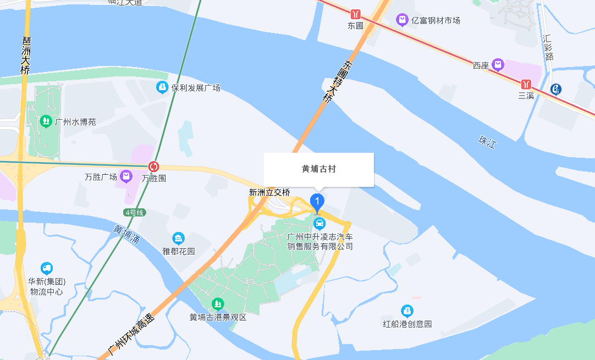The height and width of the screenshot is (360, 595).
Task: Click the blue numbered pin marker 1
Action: (317, 202)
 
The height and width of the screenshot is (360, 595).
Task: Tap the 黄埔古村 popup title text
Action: (319, 169)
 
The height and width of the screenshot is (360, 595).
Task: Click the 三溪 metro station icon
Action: (527, 84)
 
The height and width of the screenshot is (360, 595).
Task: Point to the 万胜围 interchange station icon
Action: (154, 166)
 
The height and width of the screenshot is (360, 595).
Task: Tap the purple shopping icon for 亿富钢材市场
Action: (402, 20)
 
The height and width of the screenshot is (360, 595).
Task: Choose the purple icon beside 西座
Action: (498, 65)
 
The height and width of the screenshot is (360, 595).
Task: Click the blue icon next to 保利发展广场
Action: (162, 87)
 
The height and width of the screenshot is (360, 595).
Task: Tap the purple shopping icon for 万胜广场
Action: (127, 176)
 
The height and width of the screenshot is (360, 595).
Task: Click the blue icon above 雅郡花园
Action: (178, 239)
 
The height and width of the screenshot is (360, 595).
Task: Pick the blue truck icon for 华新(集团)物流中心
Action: (46, 268)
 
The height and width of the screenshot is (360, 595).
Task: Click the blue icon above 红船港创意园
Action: (407, 311)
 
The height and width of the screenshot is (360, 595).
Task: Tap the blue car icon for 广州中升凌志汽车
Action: (319, 224)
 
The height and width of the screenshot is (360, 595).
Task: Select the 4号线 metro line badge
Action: (134, 212)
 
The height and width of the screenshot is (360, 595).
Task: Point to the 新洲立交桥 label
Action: (269, 192)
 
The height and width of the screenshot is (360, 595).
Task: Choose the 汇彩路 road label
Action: (548, 47)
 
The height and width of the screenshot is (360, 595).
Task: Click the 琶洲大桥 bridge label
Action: (25, 56)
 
